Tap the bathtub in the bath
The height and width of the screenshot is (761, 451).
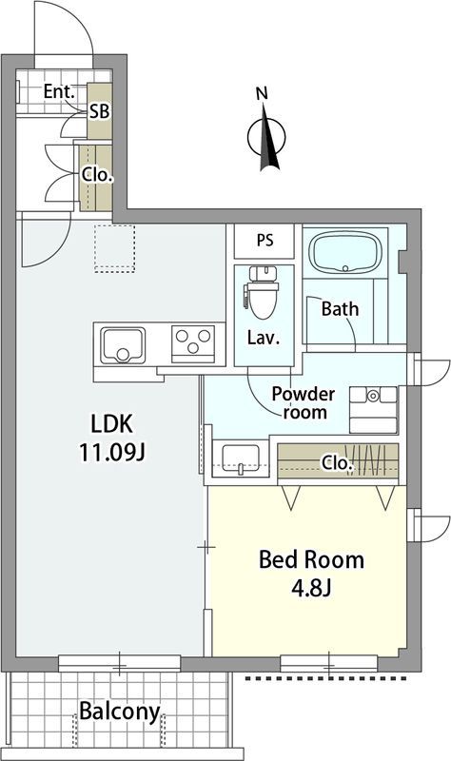[x=344, y=253]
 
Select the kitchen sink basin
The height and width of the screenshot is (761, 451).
[x=123, y=345]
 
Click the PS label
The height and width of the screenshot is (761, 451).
[x=265, y=240]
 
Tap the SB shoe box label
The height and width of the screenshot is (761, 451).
[x=99, y=112]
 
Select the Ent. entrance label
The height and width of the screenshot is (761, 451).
[x=59, y=90]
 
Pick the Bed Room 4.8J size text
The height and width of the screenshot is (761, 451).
[x=311, y=574]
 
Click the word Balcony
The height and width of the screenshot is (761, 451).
[x=120, y=712]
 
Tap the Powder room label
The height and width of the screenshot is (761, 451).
[x=304, y=402]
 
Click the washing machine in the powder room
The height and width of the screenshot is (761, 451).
[x=373, y=410]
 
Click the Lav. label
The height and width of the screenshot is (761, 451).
[x=264, y=338]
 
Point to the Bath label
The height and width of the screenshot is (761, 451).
[x=341, y=308]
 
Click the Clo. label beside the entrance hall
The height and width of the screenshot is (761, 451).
[x=97, y=175]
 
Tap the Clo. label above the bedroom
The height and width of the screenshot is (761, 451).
[x=337, y=463]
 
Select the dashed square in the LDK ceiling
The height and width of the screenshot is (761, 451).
[x=114, y=248]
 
